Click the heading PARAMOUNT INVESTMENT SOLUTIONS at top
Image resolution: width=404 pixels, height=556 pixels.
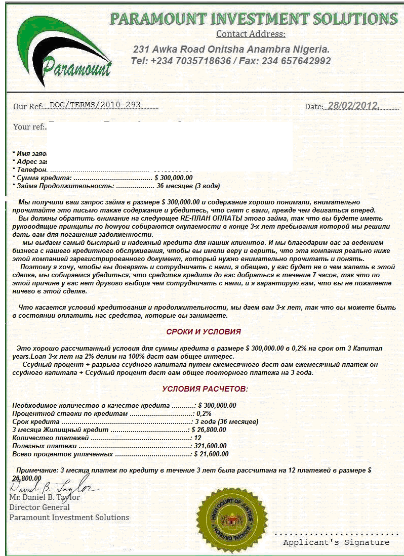254,19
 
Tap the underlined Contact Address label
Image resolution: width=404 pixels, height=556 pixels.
251,34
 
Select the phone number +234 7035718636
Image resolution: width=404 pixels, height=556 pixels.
187,61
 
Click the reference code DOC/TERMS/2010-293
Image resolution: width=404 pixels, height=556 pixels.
95,105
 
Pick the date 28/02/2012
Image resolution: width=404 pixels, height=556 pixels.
352,106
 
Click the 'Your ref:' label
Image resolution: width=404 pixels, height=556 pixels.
29,126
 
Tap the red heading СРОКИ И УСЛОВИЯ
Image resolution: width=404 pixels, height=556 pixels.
204,331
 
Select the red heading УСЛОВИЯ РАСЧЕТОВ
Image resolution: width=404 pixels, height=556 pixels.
205,389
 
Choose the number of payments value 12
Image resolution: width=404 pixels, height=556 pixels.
198,438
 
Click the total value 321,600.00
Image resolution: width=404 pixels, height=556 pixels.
212,446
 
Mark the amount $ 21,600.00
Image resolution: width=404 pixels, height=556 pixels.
212,454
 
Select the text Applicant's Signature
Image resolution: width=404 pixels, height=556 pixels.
336,542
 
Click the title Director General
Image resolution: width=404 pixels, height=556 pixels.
39,507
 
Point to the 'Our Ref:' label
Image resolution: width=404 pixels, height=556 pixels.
27,106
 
